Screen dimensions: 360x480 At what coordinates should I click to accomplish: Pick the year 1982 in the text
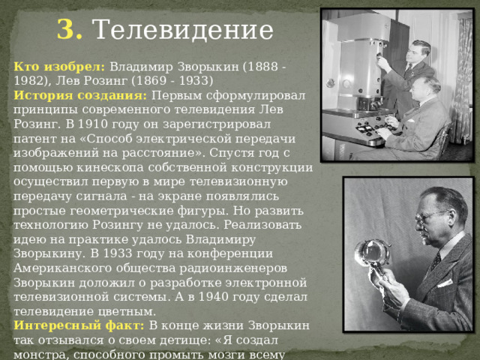tap(30, 80)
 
